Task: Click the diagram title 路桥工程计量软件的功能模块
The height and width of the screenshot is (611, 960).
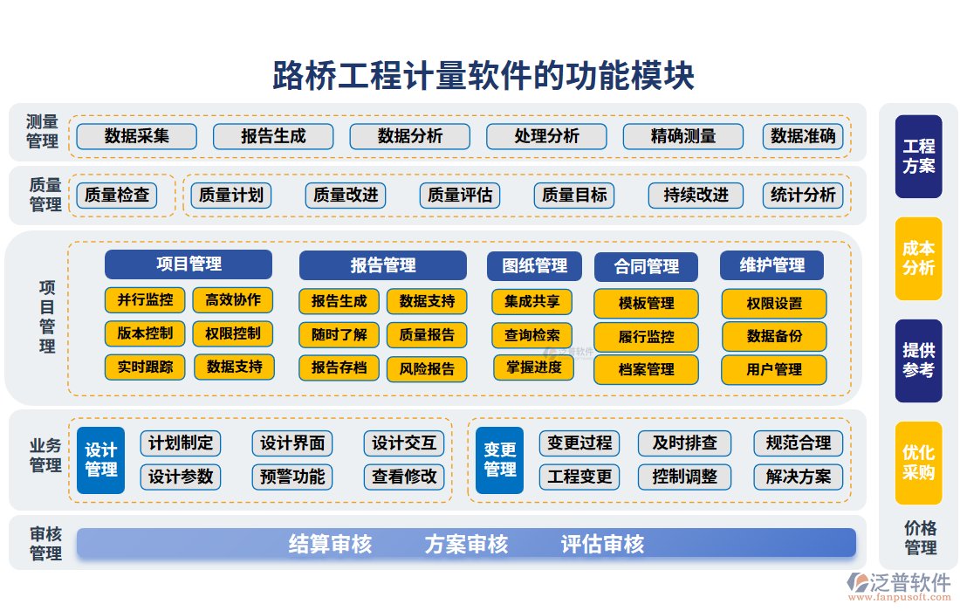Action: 483,76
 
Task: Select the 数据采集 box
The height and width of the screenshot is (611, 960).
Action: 136,136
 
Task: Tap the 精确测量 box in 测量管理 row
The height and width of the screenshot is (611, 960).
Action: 682,136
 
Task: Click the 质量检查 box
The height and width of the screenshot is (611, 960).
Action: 117,195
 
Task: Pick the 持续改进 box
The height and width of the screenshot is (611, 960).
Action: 696,195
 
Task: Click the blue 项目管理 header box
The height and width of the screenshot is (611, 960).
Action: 189,264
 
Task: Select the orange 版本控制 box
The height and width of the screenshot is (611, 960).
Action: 145,333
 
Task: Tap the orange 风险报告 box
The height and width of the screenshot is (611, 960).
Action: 427,368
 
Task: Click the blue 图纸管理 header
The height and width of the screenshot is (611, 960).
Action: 534,265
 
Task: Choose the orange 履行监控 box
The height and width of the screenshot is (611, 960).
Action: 646,337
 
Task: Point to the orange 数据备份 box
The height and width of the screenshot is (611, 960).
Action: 774,336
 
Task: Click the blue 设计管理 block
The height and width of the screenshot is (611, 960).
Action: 100,460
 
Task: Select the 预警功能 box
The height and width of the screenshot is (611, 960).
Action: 292,477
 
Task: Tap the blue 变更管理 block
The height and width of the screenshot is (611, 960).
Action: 499,460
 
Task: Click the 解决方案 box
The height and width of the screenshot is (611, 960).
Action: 799,477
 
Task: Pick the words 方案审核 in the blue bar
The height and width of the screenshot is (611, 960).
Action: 466,544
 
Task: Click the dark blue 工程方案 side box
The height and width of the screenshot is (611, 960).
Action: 918,156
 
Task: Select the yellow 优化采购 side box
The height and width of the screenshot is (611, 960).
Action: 918,463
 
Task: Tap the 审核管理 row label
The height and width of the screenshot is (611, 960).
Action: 45,543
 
